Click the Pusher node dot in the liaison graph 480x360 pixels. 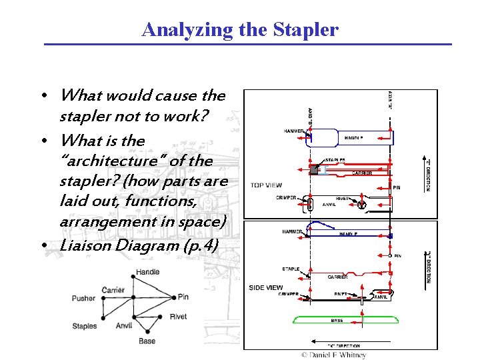point(102,299)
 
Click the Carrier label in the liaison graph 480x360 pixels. point(113,290)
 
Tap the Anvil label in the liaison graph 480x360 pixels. point(124,326)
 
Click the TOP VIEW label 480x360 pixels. point(266,185)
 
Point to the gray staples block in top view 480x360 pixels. point(313,169)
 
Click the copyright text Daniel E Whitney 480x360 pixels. point(333,355)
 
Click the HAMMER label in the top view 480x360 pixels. point(293,131)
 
